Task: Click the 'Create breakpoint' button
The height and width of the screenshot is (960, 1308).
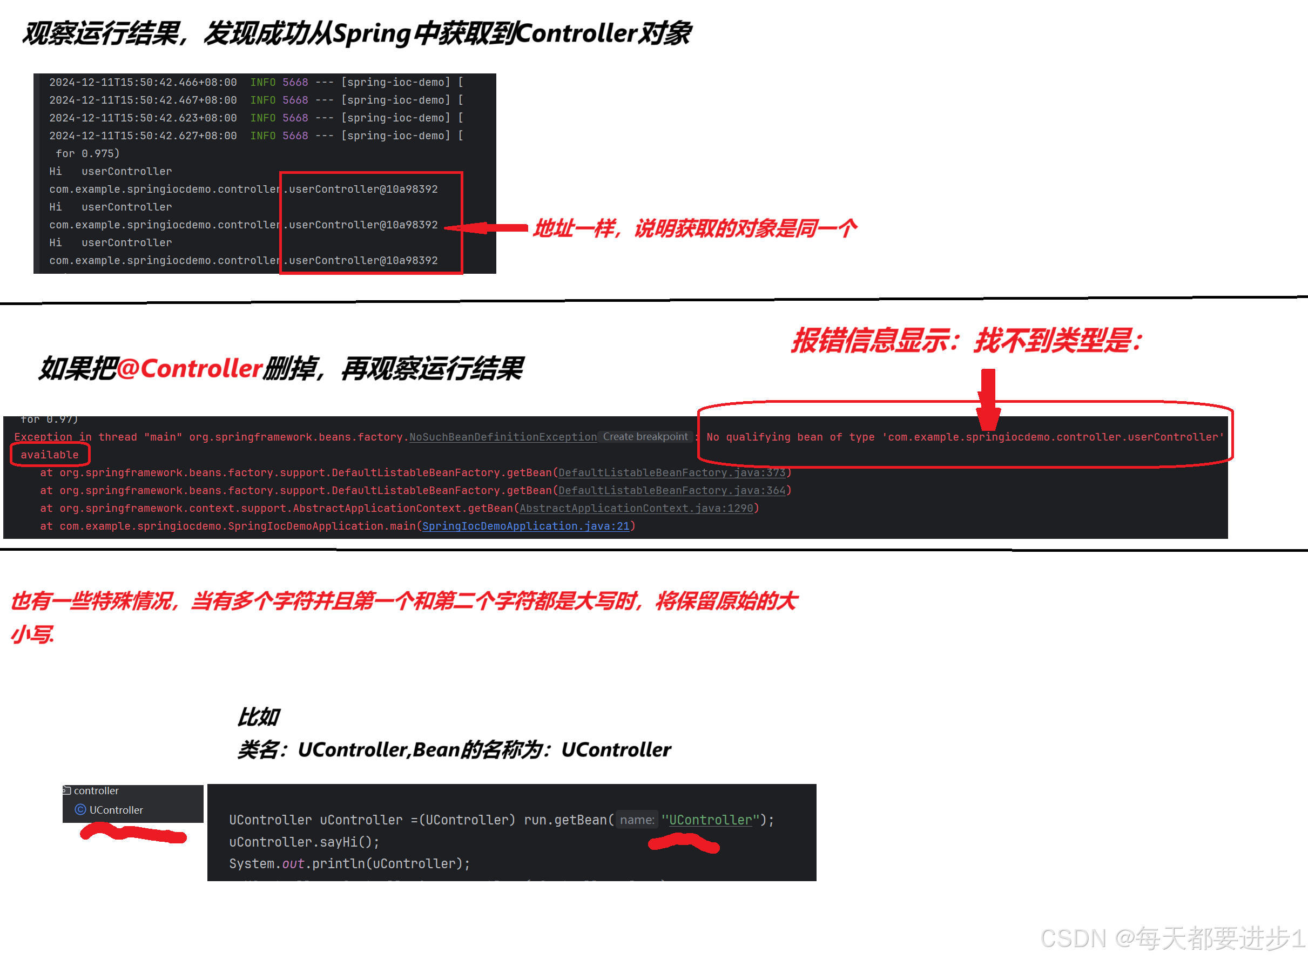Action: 645,436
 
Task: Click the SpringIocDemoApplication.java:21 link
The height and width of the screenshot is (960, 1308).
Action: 525,526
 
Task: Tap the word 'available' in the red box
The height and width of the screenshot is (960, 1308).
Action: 49,455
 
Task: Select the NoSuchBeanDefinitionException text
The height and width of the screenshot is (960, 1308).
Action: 503,437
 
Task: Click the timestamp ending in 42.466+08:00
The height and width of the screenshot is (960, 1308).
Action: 143,83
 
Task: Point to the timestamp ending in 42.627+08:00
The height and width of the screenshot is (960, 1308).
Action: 143,136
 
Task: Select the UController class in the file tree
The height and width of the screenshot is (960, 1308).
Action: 116,810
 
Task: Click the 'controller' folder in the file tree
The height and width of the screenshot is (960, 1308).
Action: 96,791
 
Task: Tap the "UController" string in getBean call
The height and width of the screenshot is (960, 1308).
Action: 710,820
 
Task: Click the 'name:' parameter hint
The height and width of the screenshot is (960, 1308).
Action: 637,820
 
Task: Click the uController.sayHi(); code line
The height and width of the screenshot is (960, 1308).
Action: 304,842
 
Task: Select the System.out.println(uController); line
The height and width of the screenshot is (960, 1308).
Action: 349,864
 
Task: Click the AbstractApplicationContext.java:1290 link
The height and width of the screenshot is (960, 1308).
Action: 636,509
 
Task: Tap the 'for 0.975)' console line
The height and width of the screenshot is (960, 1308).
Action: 87,153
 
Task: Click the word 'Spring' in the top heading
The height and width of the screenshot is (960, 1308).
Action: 372,33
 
